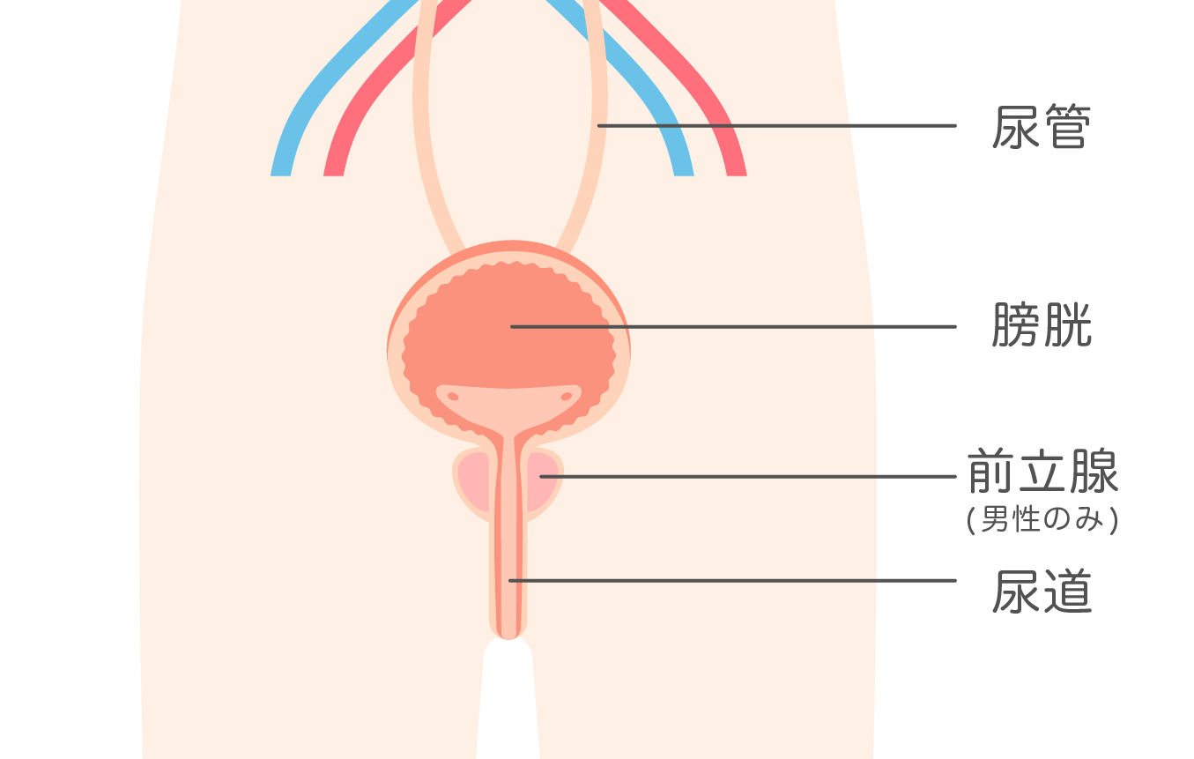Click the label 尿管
1041,128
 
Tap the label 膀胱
1041,326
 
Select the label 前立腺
1042,473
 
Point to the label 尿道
1041,592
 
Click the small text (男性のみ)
1042,521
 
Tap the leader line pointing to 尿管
775,126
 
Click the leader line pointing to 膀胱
731,326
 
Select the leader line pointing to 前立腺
749,477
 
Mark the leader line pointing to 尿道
731,580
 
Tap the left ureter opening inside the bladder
453,397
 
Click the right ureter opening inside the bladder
566,397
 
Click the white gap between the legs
508,705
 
